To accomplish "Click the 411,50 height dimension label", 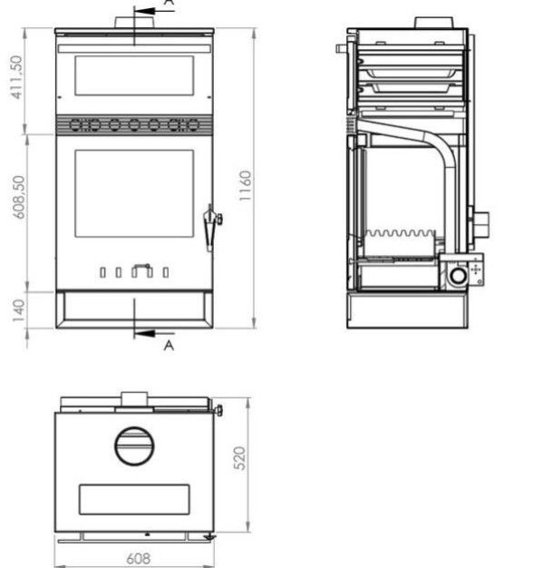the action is point(16,77).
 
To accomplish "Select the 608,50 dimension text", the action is point(19,197).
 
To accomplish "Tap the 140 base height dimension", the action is point(18,310).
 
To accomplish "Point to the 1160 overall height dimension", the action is point(245,185).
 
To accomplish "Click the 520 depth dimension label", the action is point(239,458).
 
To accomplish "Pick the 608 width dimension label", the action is point(139,559).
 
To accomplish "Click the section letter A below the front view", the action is point(169,346).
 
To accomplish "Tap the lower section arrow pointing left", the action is point(154,333).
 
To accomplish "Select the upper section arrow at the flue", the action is point(154,11).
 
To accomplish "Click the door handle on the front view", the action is point(211,227).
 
